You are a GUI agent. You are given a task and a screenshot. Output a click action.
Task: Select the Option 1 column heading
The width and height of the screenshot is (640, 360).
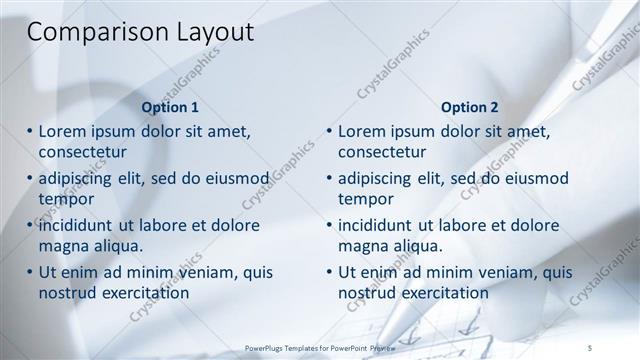click(170, 107)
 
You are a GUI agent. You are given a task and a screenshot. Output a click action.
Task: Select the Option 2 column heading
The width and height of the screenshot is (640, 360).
click(469, 107)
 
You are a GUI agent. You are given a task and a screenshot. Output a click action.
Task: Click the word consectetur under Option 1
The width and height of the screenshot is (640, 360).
click(82, 152)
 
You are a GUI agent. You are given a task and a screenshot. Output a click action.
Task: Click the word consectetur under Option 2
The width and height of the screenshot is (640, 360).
click(382, 152)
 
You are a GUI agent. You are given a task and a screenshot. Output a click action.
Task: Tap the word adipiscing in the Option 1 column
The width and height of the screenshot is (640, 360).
click(78, 179)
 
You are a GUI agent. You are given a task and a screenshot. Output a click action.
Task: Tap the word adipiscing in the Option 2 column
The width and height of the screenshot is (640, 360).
click(378, 179)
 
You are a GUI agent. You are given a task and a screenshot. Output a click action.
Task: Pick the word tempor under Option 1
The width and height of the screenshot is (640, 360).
click(66, 199)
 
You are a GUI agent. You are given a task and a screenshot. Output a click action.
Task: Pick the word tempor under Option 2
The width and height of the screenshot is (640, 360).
click(366, 199)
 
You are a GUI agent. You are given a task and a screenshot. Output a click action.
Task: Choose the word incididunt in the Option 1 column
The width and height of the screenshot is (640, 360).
click(80, 225)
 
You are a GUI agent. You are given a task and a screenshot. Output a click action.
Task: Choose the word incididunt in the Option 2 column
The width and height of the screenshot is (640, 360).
click(380, 225)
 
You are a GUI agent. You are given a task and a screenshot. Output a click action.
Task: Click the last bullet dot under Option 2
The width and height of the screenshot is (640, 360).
click(330, 272)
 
